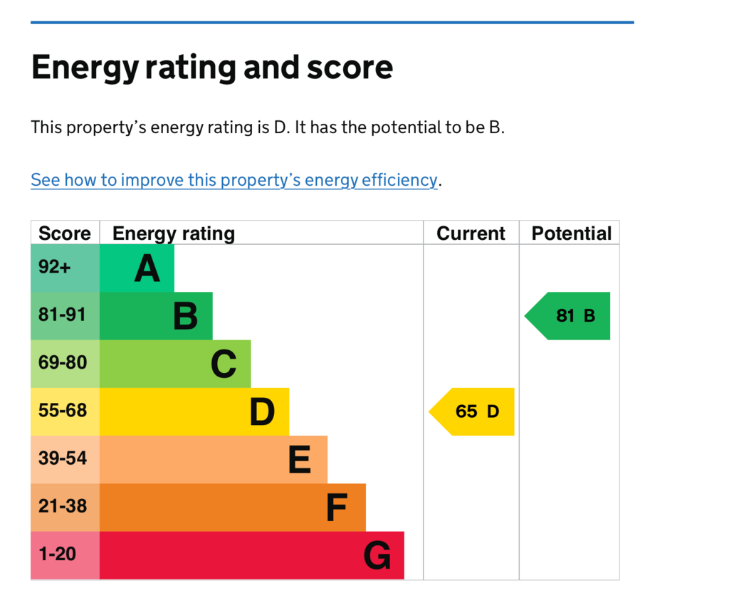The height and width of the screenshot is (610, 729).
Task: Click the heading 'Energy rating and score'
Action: point(211,68)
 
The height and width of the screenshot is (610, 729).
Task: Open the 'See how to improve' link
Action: point(234,180)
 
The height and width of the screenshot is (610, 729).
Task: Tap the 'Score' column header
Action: point(65,233)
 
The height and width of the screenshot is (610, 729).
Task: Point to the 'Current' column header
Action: point(471,233)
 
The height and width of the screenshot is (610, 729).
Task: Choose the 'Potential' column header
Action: point(571,233)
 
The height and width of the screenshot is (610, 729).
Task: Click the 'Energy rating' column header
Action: point(174,233)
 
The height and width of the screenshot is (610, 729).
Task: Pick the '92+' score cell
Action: point(55,268)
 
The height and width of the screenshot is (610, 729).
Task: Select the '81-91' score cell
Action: point(63,315)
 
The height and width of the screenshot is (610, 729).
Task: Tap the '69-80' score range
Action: point(63,363)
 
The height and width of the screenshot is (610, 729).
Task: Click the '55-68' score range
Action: point(63,411)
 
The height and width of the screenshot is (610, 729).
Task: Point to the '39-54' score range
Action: point(63,458)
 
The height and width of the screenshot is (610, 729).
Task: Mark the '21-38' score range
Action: point(63,506)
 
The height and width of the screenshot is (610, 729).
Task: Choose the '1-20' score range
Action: point(57,554)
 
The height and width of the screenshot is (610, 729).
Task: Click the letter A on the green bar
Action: point(147,269)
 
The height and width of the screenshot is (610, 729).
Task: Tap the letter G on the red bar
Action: point(377,556)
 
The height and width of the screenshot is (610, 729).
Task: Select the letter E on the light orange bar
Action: point(299,460)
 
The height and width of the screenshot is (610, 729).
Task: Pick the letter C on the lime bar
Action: point(224,364)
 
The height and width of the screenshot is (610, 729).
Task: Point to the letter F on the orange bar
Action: point(336,508)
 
